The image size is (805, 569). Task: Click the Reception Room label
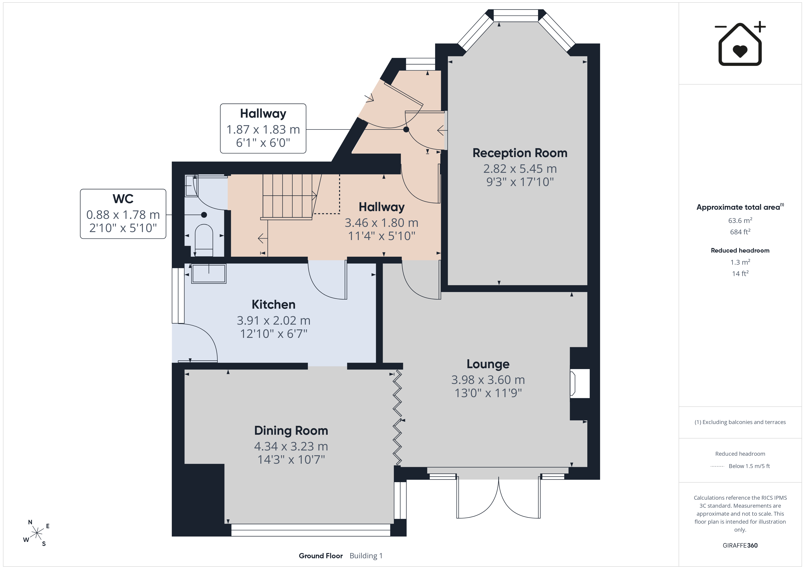(x=520, y=153)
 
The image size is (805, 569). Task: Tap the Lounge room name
(x=488, y=364)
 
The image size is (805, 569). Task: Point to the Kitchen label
(x=274, y=305)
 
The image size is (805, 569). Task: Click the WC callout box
(x=123, y=214)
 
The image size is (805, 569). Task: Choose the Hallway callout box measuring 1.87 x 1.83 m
(x=263, y=129)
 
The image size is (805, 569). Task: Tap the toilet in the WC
(x=204, y=240)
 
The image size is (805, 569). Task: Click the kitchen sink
(x=209, y=273)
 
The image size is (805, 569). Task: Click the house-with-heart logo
(x=740, y=44)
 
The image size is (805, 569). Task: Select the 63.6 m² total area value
(x=740, y=220)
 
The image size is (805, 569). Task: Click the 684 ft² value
(x=740, y=232)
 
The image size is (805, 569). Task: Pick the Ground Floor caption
(x=320, y=556)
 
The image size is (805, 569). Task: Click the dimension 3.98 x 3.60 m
(x=488, y=380)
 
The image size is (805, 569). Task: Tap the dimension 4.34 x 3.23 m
(x=291, y=446)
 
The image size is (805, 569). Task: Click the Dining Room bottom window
(x=311, y=530)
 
